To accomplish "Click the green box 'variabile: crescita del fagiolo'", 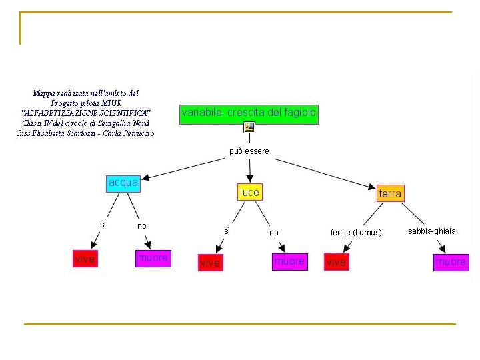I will (x=249, y=113).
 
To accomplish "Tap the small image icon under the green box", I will (x=249, y=127).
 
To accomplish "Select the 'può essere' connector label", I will (x=249, y=151).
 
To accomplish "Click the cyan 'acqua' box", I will (x=123, y=183).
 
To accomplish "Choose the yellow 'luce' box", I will (x=249, y=192).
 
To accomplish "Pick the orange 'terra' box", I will (x=390, y=193).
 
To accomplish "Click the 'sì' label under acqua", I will (x=103, y=225).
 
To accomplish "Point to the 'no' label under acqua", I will (x=142, y=226).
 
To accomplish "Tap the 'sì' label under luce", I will (x=227, y=231).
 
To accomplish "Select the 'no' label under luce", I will (x=274, y=233).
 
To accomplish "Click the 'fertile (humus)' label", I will (x=356, y=233).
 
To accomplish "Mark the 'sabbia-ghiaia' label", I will (x=432, y=231).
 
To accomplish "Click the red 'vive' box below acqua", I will (x=85, y=259).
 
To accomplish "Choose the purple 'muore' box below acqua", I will (x=153, y=258).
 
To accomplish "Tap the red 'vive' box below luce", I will (x=210, y=263).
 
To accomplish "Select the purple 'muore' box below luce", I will (x=289, y=262).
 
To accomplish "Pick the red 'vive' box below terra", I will (x=336, y=263).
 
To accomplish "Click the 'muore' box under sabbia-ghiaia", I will (x=451, y=262).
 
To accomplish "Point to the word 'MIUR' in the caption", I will (x=111, y=103).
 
